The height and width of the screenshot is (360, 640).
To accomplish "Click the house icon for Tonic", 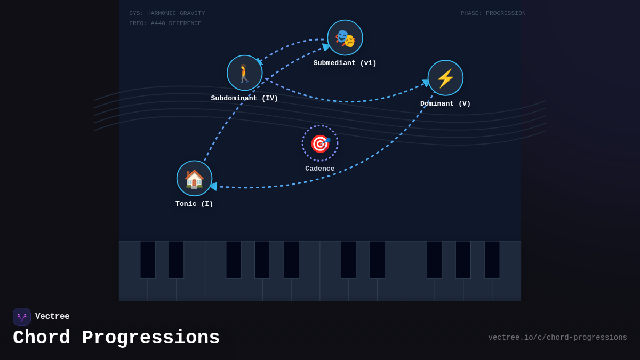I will pos(194,178).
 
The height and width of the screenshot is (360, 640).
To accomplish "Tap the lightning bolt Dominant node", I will pos(445,78).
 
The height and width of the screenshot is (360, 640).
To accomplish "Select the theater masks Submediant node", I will pos(345,38).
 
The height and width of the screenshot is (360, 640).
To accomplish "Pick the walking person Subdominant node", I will pos(245,73).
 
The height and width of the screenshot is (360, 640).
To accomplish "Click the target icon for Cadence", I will pos(320,143).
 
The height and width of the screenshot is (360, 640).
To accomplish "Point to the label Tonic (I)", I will pos(194,204).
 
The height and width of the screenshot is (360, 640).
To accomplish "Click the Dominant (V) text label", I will pos(445,103).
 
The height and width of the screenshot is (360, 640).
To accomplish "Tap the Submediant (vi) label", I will pos(345,63).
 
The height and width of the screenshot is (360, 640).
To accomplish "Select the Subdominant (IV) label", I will pos(245,98).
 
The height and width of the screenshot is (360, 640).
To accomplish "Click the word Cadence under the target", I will pos(320,169).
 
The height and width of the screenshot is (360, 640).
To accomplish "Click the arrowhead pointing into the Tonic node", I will pos(213,186).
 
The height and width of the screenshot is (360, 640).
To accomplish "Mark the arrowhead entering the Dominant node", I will pos(426,83).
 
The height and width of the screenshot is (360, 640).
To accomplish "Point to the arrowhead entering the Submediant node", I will pos(325,47).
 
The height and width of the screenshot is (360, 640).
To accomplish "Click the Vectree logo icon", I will pos(22,317).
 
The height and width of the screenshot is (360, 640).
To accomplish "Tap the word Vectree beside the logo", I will pos(52,316).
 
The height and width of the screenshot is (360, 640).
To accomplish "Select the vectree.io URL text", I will pos(557,338).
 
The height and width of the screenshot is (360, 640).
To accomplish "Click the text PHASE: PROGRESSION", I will pos(493,13).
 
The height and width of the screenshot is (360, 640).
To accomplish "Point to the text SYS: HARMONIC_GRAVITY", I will pos(167,13).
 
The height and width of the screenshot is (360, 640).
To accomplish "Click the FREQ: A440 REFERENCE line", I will pos(165,23).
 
